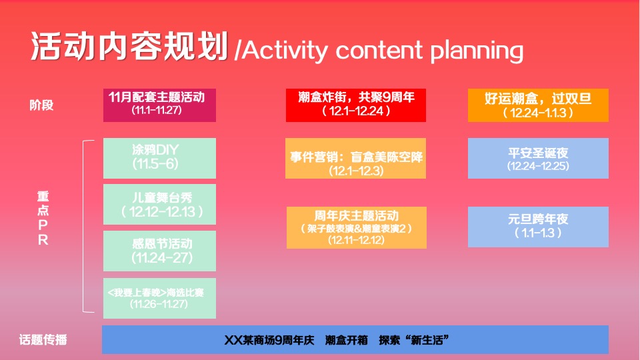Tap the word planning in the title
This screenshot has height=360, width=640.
pyautogui.click(x=477, y=51)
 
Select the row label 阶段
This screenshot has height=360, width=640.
pyautogui.click(x=41, y=105)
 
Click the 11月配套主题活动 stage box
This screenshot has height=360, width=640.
pyautogui.click(x=160, y=105)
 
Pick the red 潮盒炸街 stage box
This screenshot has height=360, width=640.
pyautogui.click(x=355, y=105)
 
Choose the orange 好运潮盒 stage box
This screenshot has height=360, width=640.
pyautogui.click(x=538, y=105)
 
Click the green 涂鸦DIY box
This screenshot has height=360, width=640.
pyautogui.click(x=160, y=157)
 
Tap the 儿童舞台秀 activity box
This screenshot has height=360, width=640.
pyautogui.click(x=160, y=203)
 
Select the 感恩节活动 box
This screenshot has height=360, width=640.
pyautogui.click(x=160, y=251)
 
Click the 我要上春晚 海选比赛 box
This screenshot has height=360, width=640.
pyautogui.click(x=160, y=297)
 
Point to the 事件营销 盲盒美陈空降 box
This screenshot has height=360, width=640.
pyautogui.click(x=355, y=159)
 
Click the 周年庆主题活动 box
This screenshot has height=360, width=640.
pyautogui.click(x=356, y=227)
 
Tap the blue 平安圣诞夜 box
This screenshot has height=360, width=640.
pyautogui.click(x=538, y=159)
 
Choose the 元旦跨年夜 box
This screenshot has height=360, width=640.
pyautogui.click(x=538, y=227)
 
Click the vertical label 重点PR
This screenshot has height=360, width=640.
pyautogui.click(x=43, y=219)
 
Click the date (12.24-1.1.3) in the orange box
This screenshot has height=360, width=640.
pyautogui.click(x=538, y=113)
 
